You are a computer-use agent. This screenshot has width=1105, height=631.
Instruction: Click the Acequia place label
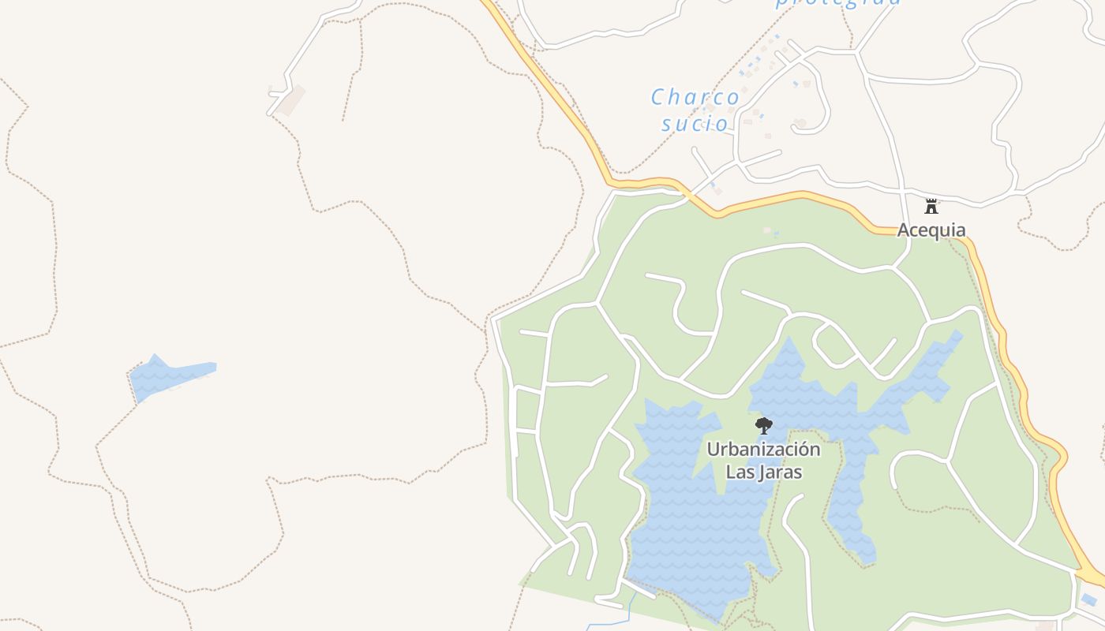[x=931, y=230]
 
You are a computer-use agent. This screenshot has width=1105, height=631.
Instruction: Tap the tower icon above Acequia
[x=931, y=207]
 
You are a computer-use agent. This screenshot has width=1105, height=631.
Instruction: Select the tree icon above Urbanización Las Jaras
[x=763, y=426]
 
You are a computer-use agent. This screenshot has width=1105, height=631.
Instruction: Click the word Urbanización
[x=763, y=450]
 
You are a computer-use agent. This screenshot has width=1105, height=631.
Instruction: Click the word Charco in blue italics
[x=695, y=97]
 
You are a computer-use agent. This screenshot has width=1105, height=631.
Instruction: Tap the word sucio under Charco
[x=695, y=123]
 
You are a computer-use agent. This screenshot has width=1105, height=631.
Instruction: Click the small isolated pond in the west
[x=170, y=377]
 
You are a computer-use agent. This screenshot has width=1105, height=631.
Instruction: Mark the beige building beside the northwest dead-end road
[x=290, y=100]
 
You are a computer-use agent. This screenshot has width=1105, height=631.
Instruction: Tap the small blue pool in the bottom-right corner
[x=1088, y=599]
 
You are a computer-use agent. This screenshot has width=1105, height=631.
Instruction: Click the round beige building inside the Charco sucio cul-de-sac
[x=801, y=124]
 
